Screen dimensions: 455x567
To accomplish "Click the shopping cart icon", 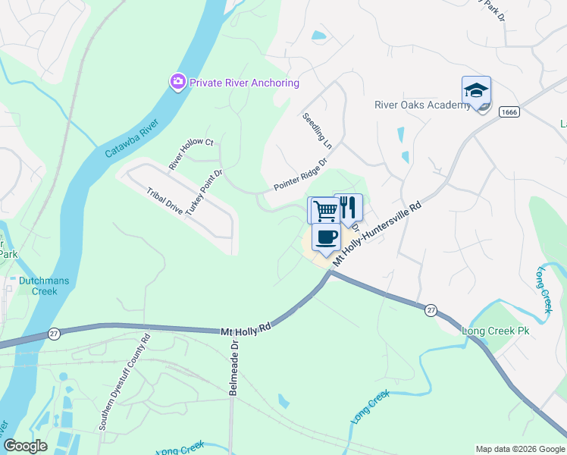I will pos(324,210).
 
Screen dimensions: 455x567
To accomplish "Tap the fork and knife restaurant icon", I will pos(349,207).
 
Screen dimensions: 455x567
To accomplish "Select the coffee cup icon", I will pos(326,237).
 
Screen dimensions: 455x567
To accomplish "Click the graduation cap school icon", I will pos(476,91).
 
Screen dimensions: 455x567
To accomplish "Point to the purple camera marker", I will pos(178,81).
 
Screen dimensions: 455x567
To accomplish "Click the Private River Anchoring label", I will pos(244,83).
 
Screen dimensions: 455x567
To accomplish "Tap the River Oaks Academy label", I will pos(422,105).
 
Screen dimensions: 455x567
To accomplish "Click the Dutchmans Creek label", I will pos(44,286).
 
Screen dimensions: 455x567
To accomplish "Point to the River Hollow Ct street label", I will pos(191,154).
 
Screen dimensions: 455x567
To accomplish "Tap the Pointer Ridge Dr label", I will pos(299,174).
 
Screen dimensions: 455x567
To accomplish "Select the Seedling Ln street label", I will pos(317,130).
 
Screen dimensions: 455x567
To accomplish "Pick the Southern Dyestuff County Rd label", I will pos(124,383).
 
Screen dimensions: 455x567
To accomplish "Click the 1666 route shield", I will pos(509,111).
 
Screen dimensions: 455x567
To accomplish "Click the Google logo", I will pos(25,446).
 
